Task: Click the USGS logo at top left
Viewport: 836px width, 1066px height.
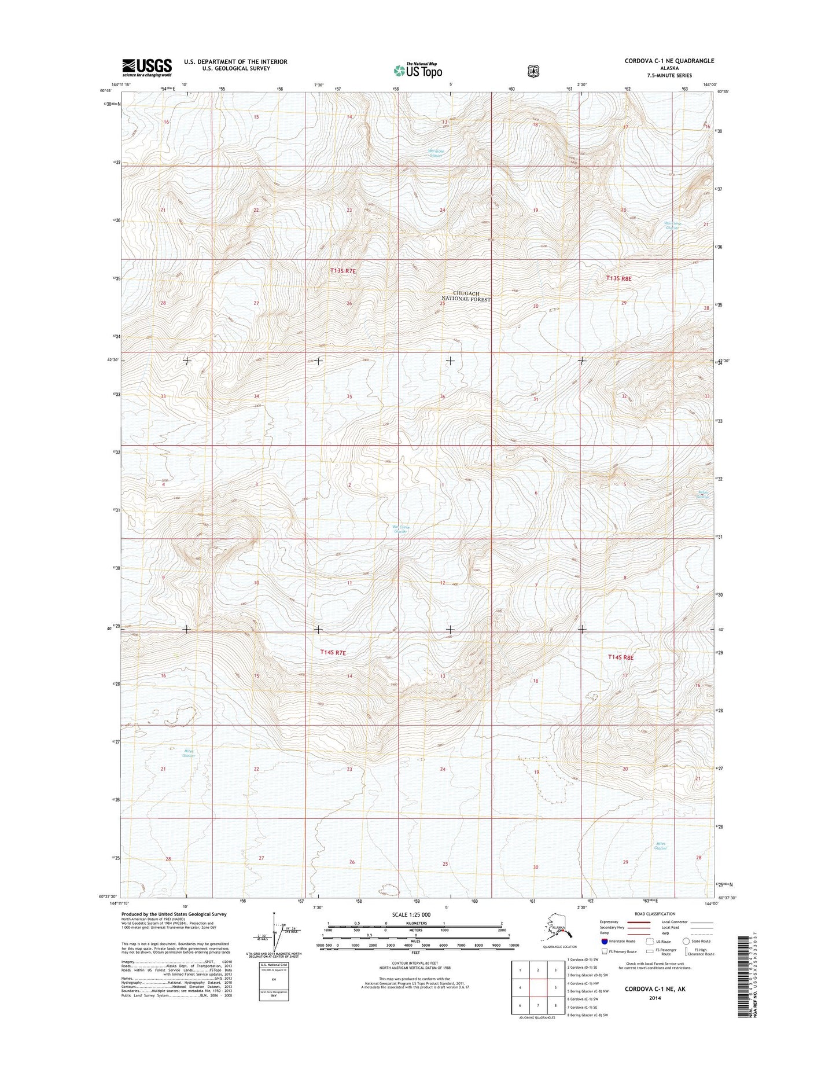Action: coord(146,67)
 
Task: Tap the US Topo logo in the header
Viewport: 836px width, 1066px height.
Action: coord(418,70)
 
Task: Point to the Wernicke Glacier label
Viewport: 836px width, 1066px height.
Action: coord(435,153)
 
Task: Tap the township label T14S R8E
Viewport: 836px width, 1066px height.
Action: coord(621,657)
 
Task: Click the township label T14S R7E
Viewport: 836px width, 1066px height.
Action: coord(333,652)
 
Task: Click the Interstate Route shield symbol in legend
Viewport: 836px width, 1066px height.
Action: coord(605,942)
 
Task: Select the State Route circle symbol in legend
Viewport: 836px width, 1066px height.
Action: coord(686,941)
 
